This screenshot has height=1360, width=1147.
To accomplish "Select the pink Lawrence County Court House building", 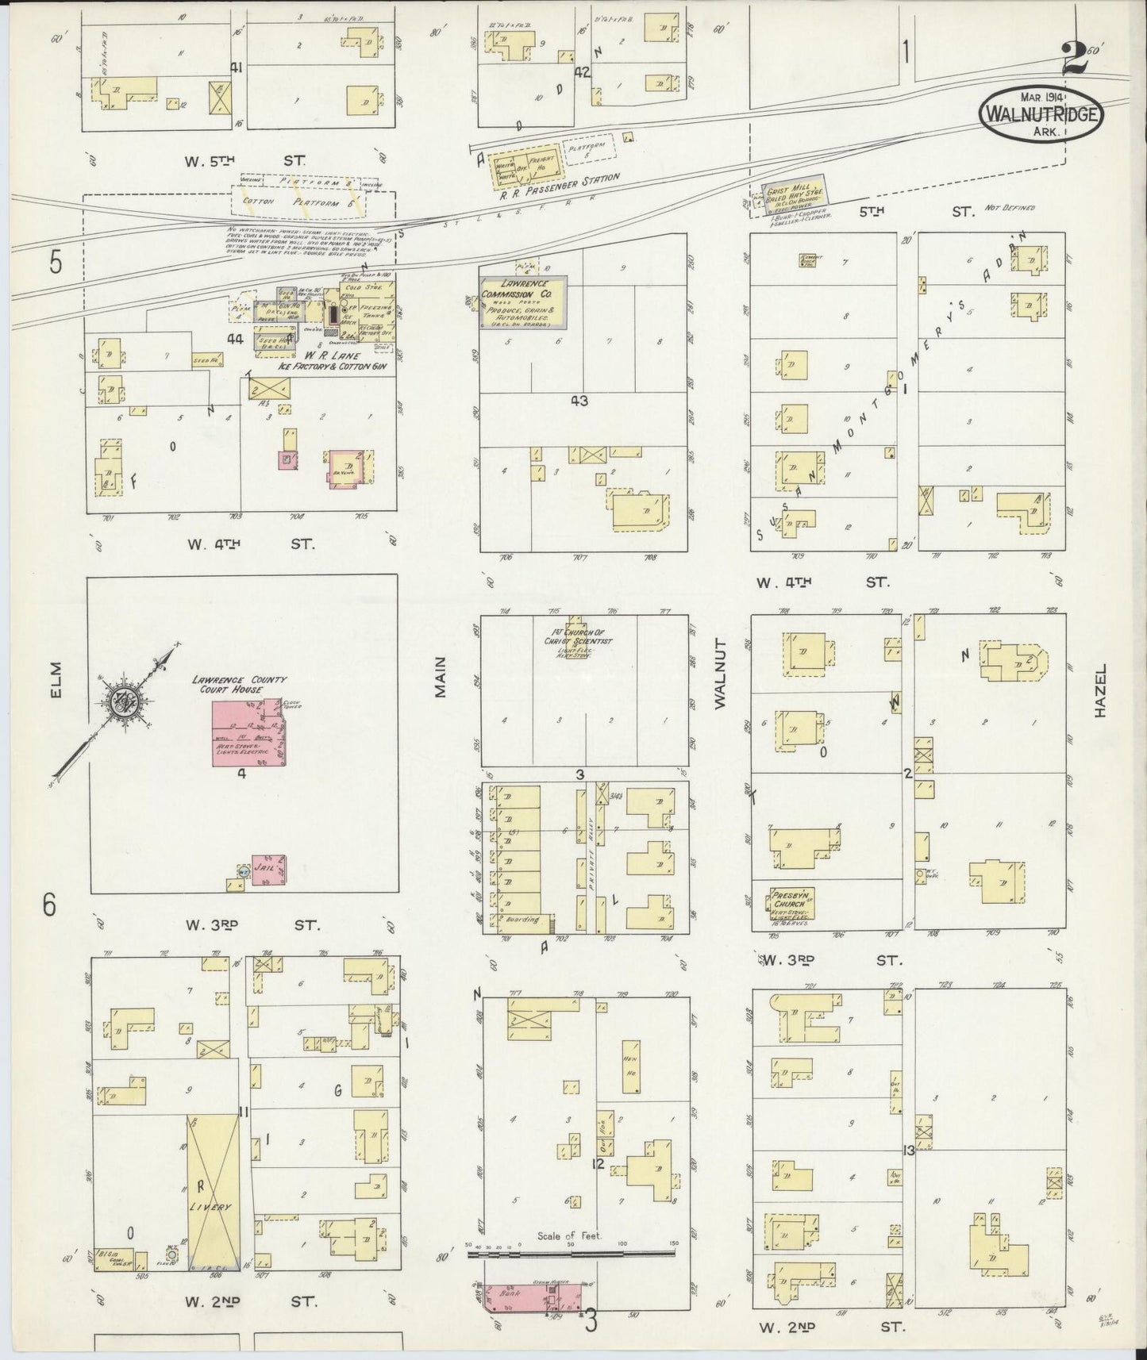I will (248, 734).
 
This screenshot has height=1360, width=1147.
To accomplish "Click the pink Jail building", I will (268, 869).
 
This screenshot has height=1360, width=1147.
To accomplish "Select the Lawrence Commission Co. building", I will (522, 302).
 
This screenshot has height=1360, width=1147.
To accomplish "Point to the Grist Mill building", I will (794, 195).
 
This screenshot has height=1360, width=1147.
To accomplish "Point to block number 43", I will (579, 401).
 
